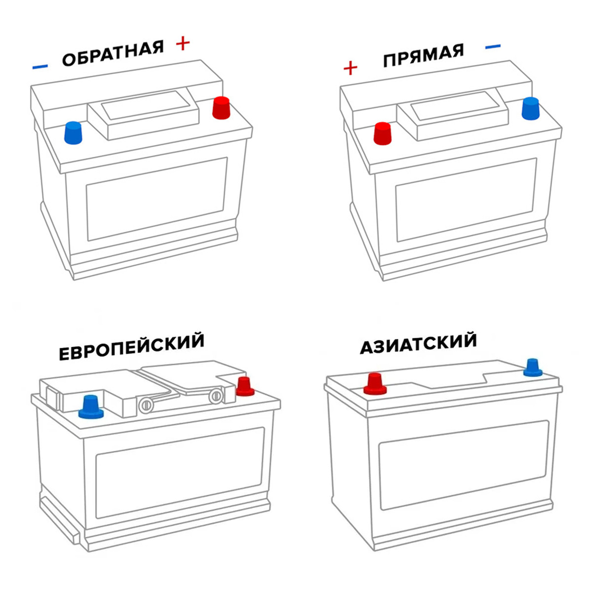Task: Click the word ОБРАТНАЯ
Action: (113, 53)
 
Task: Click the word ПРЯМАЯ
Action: (423, 56)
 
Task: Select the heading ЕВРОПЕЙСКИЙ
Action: (132, 346)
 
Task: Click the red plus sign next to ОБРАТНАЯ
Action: (183, 43)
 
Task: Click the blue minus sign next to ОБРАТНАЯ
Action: (40, 67)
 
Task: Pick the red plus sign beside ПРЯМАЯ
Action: (350, 68)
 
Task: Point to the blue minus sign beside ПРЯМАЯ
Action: (493, 47)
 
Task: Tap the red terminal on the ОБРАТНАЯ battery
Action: (221, 108)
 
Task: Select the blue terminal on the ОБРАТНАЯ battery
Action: (73, 133)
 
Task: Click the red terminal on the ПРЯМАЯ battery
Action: (382, 133)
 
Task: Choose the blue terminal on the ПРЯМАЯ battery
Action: (530, 109)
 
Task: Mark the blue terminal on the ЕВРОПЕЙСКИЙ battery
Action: (91, 407)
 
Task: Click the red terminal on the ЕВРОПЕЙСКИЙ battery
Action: (245, 386)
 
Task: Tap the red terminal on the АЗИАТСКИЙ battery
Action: (375, 384)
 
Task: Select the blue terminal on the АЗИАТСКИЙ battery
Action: (533, 368)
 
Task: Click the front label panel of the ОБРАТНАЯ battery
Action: (157, 199)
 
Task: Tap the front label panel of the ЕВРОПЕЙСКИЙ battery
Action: (180, 473)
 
